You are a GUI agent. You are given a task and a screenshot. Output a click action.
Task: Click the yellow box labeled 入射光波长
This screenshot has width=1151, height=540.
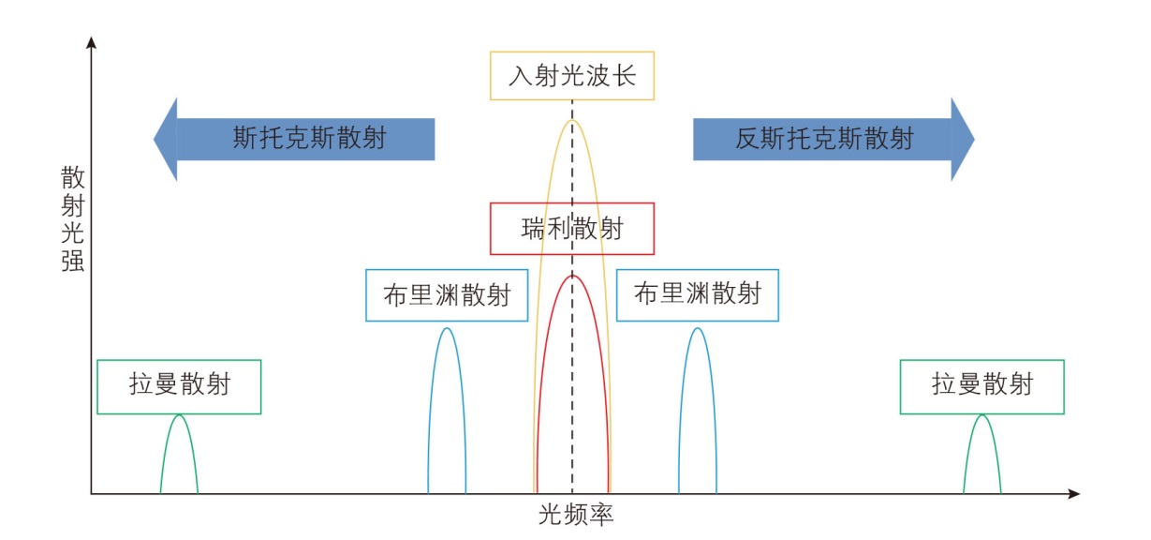pyautogui.click(x=571, y=76)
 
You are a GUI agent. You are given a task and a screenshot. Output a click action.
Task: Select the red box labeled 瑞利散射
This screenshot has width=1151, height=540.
pyautogui.click(x=571, y=228)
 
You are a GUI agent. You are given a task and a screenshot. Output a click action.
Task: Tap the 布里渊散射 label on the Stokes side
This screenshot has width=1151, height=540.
pyautogui.click(x=446, y=294)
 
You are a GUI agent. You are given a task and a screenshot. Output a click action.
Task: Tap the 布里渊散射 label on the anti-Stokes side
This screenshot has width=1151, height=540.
pyautogui.click(x=697, y=294)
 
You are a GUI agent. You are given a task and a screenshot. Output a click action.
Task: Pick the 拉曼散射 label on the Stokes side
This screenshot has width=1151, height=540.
pyautogui.click(x=179, y=385)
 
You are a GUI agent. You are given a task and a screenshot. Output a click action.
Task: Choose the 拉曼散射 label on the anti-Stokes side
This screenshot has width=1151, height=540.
pyautogui.click(x=981, y=385)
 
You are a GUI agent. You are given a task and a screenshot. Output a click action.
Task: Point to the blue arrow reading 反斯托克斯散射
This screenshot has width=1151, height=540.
pyautogui.click(x=824, y=139)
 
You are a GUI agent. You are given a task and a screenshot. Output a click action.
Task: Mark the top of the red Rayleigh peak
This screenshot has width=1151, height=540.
pyautogui.click(x=572, y=276)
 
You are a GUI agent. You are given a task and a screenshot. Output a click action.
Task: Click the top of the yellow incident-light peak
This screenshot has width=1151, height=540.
pyautogui.click(x=572, y=121)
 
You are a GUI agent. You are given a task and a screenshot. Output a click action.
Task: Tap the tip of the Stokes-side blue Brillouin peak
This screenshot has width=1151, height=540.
pyautogui.click(x=447, y=328)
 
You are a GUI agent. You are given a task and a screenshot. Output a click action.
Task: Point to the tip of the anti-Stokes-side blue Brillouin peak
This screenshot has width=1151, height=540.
pyautogui.click(x=697, y=328)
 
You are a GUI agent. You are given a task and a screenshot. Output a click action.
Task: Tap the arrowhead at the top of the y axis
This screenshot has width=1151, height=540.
pyautogui.click(x=91, y=42)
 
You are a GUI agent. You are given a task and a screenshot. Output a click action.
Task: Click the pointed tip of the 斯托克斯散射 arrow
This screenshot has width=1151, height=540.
pyautogui.click(x=155, y=139)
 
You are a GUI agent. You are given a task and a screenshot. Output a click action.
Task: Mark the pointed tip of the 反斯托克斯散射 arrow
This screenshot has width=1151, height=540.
pyautogui.click(x=973, y=139)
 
